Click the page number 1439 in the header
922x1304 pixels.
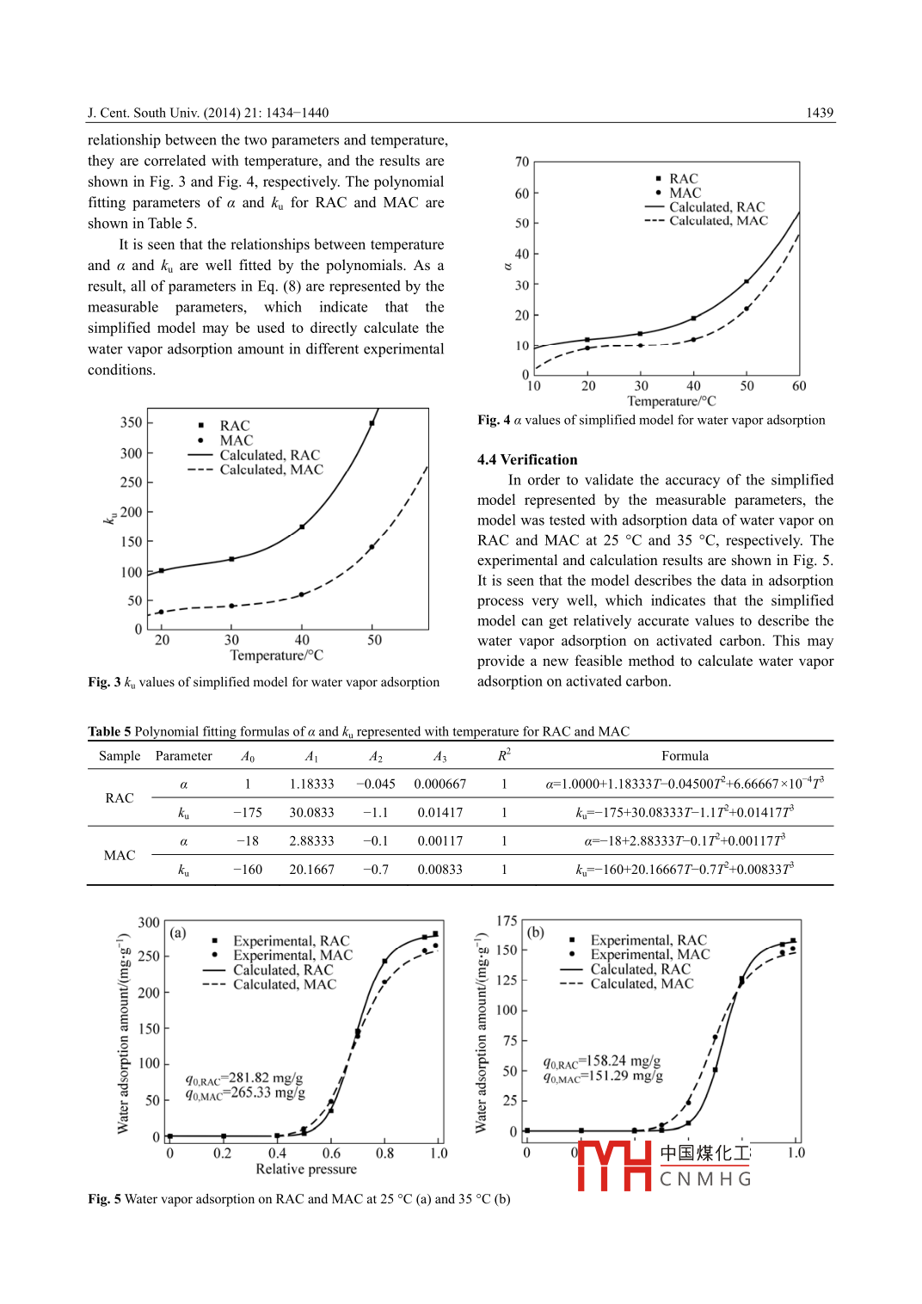[x=819, y=113]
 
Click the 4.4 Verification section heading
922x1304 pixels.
[x=527, y=459]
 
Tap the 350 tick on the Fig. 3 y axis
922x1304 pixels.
[x=131, y=422]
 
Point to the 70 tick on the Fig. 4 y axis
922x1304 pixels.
[x=522, y=162]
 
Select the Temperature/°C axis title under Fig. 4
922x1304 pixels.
[x=671, y=401]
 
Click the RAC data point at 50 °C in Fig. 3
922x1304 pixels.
[x=372, y=423]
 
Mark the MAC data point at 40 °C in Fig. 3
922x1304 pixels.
[x=302, y=594]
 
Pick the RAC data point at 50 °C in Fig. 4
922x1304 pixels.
[x=747, y=281]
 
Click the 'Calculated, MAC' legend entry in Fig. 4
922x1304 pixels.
[x=718, y=221]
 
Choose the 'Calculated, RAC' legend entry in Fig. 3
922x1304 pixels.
[x=269, y=455]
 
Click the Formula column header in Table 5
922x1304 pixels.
[x=685, y=756]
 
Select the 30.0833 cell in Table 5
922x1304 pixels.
[x=311, y=813]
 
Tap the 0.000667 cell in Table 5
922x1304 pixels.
[x=439, y=784]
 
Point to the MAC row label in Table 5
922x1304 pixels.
[x=120, y=856]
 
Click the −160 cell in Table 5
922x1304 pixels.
[x=248, y=870]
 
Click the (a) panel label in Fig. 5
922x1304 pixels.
[x=178, y=933]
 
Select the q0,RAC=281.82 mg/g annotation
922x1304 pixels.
[x=244, y=1079]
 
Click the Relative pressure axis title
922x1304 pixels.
[x=305, y=1169]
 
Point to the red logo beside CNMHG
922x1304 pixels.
[x=614, y=1166]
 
